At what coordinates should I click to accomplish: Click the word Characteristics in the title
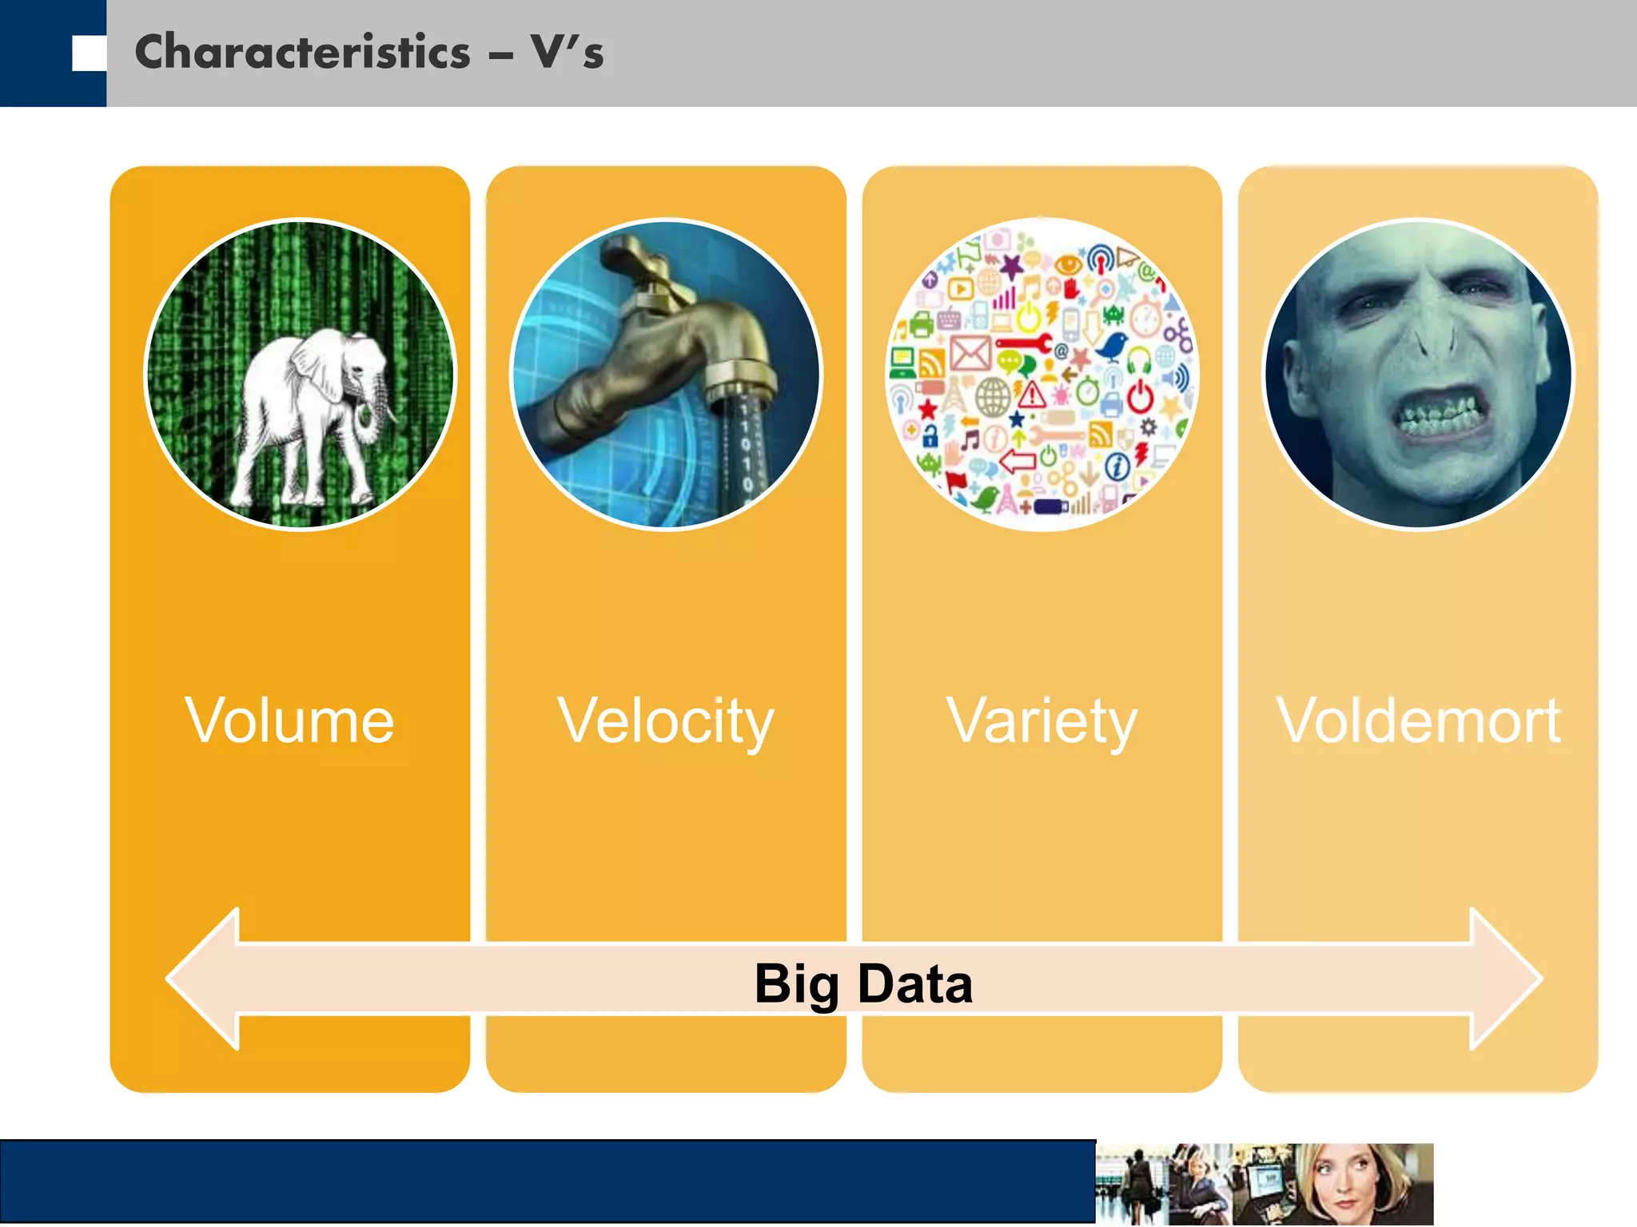point(302,53)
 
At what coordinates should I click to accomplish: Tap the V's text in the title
point(567,53)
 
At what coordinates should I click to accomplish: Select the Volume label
point(289,721)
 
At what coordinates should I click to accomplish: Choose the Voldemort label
point(1418,721)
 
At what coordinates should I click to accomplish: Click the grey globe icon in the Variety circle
point(993,396)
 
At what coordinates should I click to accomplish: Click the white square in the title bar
point(89,54)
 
